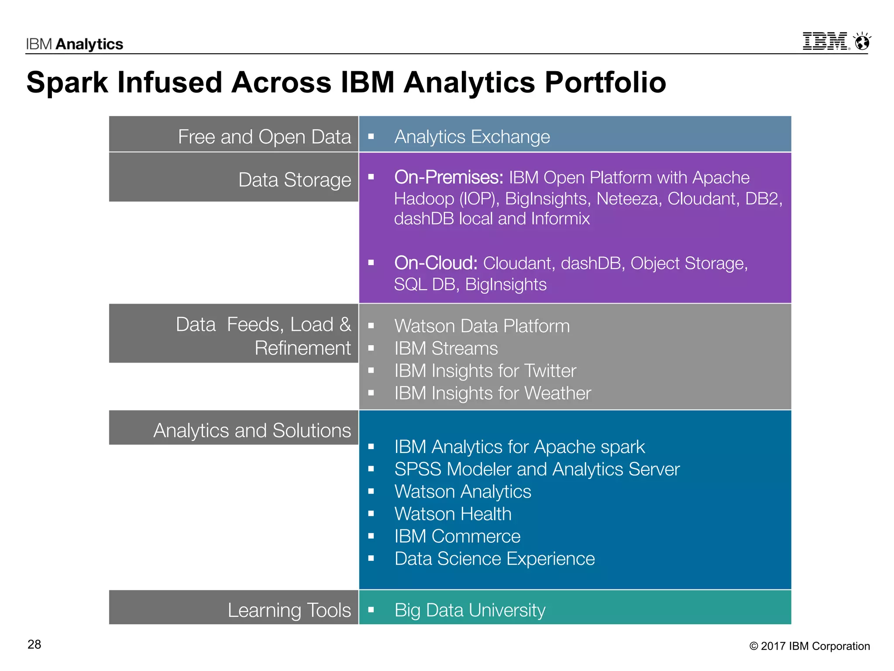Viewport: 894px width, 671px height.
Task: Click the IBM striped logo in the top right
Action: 825,42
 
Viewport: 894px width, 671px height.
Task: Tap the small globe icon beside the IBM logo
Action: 862,42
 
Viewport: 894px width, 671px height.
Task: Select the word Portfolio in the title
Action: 605,83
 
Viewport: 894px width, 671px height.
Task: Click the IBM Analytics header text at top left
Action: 75,44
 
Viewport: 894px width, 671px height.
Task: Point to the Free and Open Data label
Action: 264,137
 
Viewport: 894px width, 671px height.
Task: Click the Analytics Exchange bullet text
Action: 472,137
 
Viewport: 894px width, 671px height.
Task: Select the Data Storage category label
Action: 295,180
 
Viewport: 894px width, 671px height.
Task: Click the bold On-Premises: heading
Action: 449,177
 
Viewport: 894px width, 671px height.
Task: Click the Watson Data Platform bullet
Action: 482,326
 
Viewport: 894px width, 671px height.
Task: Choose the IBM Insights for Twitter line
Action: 485,371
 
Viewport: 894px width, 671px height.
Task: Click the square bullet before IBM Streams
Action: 371,349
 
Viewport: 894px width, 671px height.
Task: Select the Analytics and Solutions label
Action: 252,430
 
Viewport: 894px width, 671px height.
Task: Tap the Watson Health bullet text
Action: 453,514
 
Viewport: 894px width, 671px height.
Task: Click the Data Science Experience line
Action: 495,559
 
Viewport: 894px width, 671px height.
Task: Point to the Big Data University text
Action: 470,610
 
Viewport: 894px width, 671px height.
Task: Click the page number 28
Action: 34,644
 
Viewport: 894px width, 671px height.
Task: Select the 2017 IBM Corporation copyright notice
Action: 810,646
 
